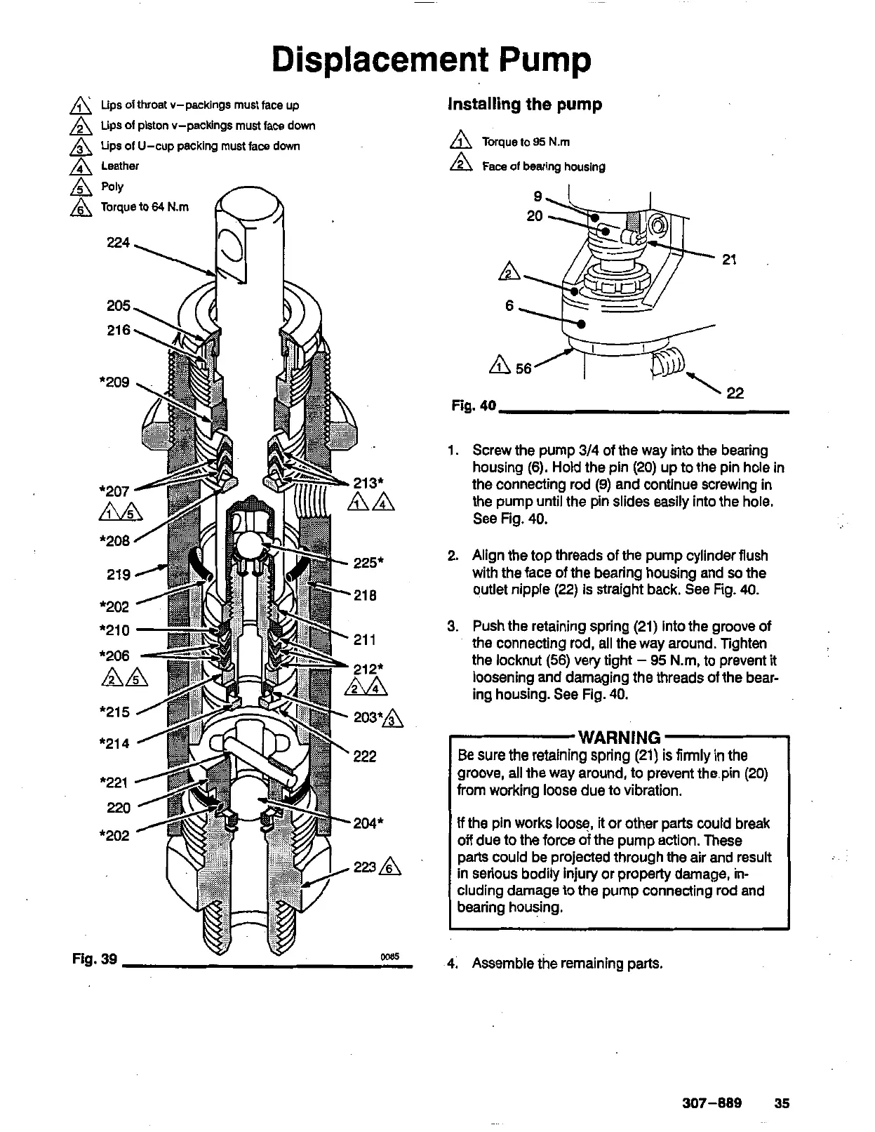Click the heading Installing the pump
point(525,105)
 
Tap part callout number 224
point(118,243)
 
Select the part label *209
point(114,382)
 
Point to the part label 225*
point(368,563)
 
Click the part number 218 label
point(365,596)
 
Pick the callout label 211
point(365,640)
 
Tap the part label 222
point(365,757)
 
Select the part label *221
point(114,782)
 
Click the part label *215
point(114,712)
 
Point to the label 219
point(118,575)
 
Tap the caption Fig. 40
point(474,406)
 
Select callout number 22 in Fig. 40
point(735,393)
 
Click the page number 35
point(782,1103)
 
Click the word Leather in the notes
point(120,166)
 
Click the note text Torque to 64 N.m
point(145,207)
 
